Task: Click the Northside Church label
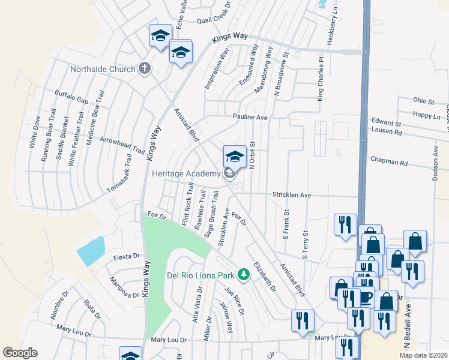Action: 103,69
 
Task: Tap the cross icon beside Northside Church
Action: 144,68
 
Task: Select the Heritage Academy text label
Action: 186,174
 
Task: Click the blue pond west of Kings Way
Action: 91,251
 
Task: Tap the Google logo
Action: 20,353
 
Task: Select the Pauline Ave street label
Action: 250,117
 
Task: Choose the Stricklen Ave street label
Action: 292,196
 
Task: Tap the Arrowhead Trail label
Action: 122,146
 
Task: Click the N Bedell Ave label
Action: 408,324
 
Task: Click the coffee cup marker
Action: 366,297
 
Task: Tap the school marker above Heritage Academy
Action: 234,157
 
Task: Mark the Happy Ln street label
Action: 426,114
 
